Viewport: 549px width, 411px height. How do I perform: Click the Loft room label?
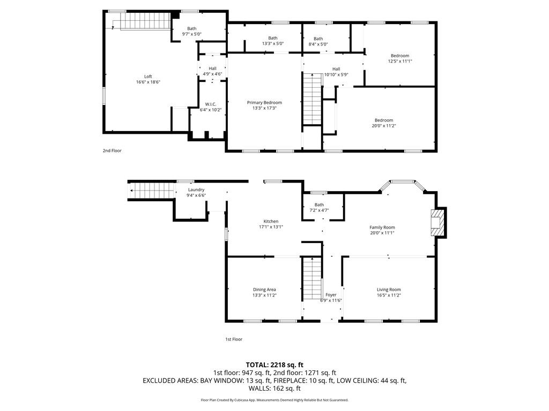coord(148,77)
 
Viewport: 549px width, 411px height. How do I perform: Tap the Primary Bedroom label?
coord(264,102)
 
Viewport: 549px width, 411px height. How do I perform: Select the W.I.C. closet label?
coord(210,104)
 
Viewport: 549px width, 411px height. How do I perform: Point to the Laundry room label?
coord(196,189)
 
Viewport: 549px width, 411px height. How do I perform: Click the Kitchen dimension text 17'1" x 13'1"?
coord(271,227)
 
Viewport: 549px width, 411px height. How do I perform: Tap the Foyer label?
coord(331,295)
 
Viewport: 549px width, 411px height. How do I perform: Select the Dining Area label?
coord(264,290)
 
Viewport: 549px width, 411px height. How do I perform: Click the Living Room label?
coord(389,290)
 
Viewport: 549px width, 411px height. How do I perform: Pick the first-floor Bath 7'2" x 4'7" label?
coord(319,205)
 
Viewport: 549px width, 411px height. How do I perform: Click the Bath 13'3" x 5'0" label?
coord(273,38)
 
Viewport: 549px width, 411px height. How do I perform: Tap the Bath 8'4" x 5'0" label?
coord(318,39)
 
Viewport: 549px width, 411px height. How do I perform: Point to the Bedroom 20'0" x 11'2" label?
coord(384,120)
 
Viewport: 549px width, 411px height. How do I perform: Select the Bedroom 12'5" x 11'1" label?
coord(400,56)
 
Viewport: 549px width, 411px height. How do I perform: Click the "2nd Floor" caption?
coord(112,151)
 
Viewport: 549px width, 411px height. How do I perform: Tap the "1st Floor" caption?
coord(233,339)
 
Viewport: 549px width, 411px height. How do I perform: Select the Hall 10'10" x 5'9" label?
coord(336,68)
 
